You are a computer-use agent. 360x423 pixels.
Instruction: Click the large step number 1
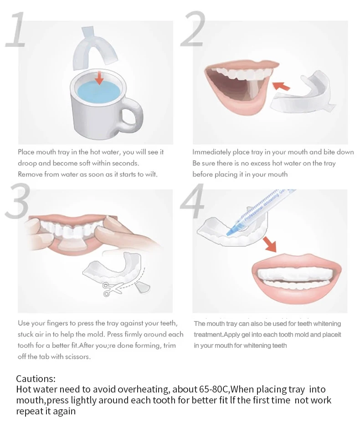click(16, 30)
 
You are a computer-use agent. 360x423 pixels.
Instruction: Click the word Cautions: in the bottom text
click(36, 379)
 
